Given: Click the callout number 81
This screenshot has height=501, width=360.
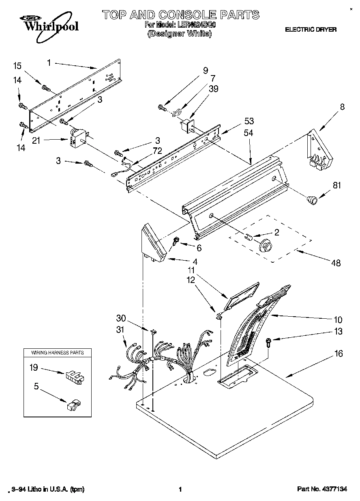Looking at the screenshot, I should click(337, 186).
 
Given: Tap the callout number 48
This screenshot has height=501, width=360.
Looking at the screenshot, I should click(336, 263).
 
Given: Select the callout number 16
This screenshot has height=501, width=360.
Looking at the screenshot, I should click(339, 354).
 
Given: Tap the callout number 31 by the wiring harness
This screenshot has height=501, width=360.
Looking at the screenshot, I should click(120, 330).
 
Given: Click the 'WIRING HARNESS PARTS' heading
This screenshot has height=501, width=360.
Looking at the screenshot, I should click(58, 352).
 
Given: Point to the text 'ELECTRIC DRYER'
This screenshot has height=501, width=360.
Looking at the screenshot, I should click(311, 30).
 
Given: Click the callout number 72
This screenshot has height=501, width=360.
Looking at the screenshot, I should click(157, 151).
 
